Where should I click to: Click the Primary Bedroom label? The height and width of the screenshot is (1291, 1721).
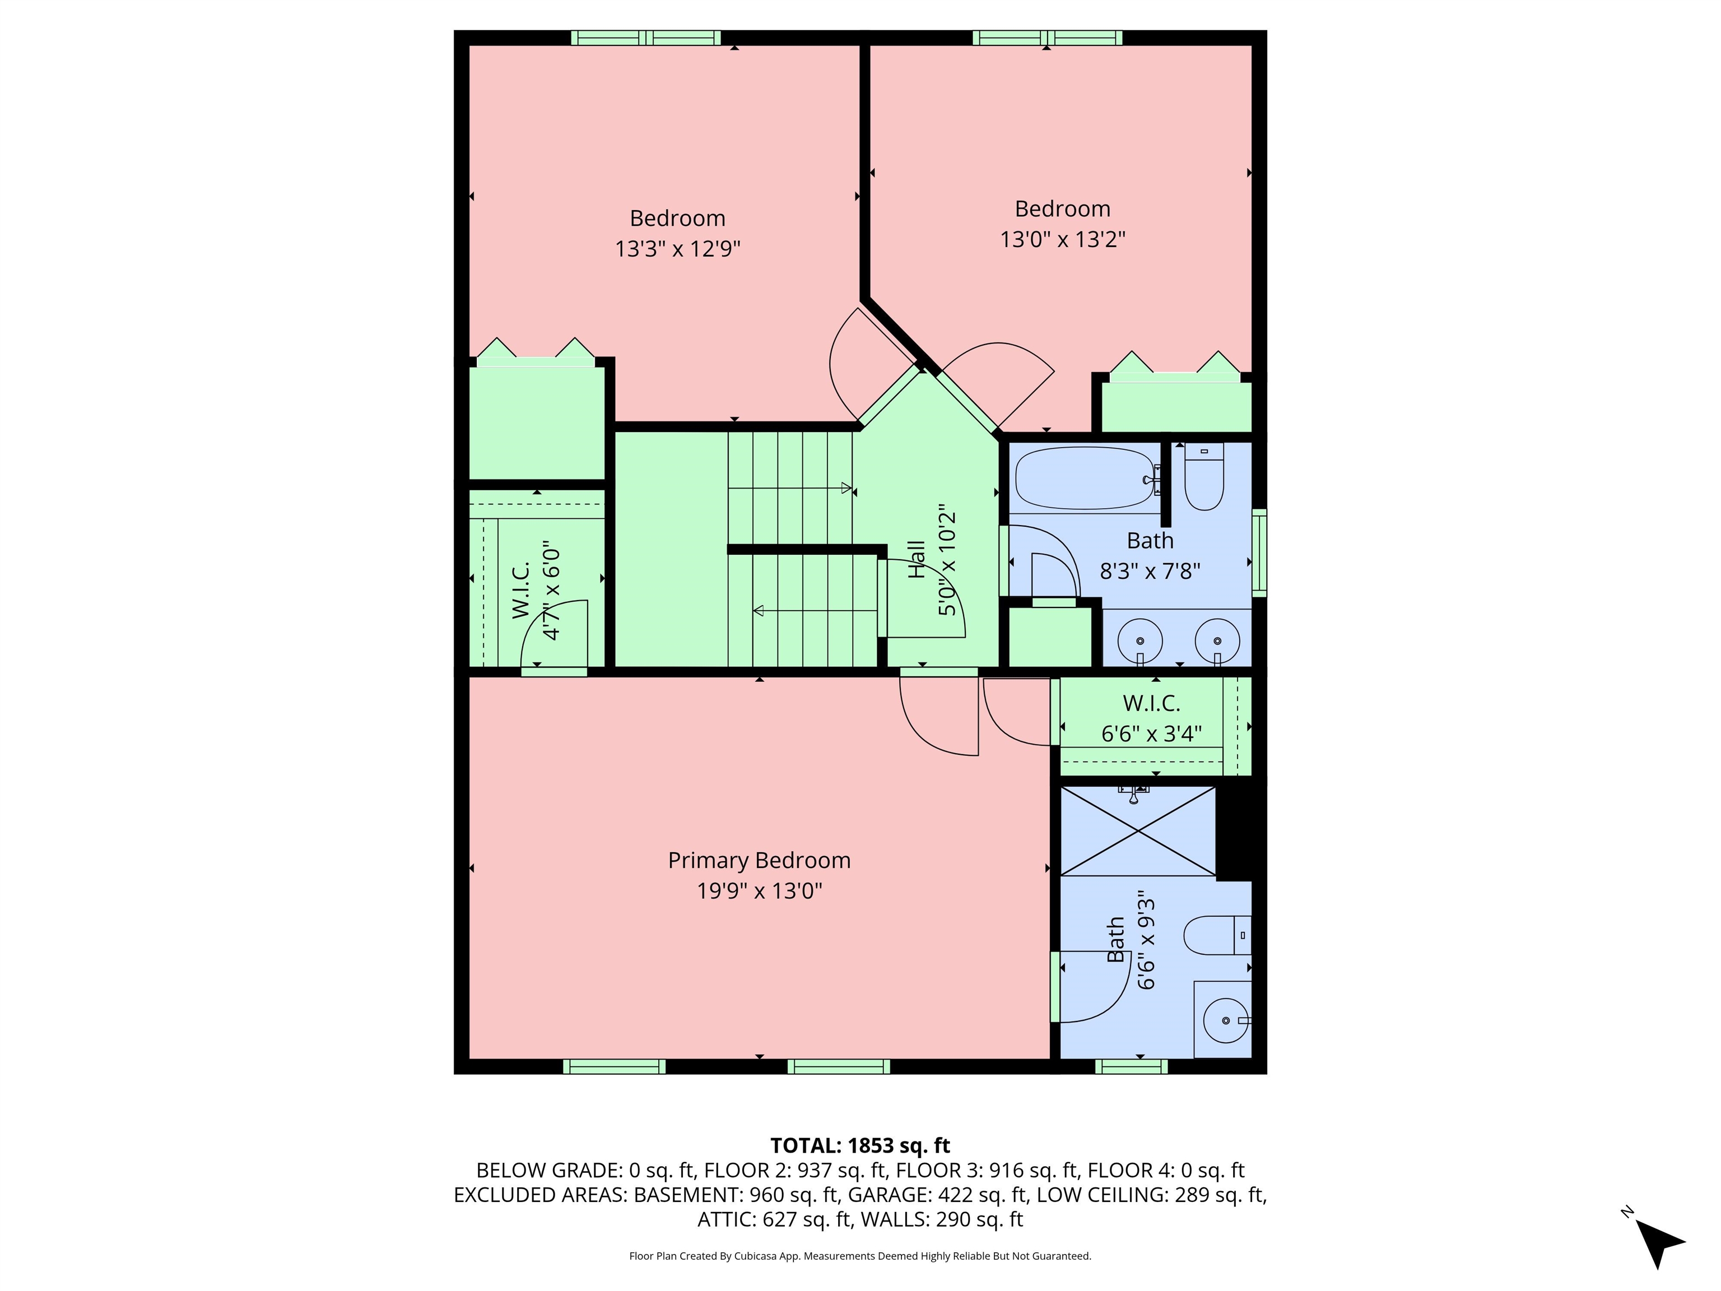coord(759,860)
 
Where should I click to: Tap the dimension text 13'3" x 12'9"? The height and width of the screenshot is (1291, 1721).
coord(677,249)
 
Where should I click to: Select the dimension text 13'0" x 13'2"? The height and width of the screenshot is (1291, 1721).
coord(1062,239)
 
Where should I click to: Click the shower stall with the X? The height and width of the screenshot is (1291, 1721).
coord(1137,831)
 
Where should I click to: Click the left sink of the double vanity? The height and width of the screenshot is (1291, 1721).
coord(1140,641)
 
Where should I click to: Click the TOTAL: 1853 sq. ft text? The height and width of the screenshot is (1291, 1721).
coord(860,1145)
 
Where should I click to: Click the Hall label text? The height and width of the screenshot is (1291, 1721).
coord(917,559)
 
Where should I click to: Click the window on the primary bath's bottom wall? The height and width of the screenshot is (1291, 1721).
coord(1131,1067)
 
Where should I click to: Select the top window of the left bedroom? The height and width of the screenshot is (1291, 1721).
coord(646,38)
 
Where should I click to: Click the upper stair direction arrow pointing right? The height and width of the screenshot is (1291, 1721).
coord(846,488)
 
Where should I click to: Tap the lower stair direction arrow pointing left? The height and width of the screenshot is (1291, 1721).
coord(759,611)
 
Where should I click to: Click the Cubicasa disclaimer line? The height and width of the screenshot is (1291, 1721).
coord(860,1256)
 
